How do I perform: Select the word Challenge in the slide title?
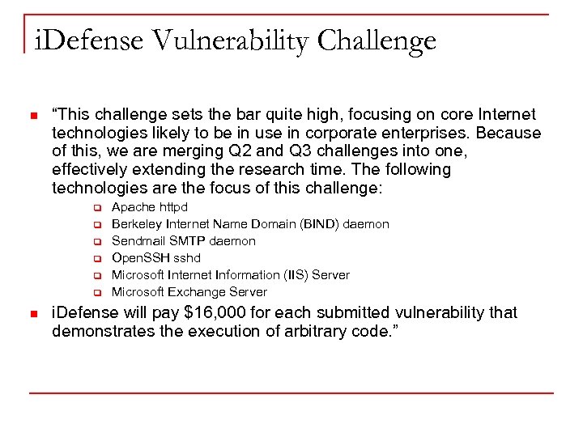tap(377, 40)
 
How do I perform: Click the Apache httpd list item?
tap(149, 207)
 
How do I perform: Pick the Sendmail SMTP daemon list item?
tap(183, 240)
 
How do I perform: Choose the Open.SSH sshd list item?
tap(155, 257)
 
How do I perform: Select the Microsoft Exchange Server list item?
tap(189, 291)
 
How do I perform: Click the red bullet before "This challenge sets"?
tap(32, 116)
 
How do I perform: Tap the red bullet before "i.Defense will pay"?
tap(32, 314)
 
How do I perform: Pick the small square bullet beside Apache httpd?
tap(95, 208)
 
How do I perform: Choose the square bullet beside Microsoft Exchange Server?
tap(95, 292)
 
